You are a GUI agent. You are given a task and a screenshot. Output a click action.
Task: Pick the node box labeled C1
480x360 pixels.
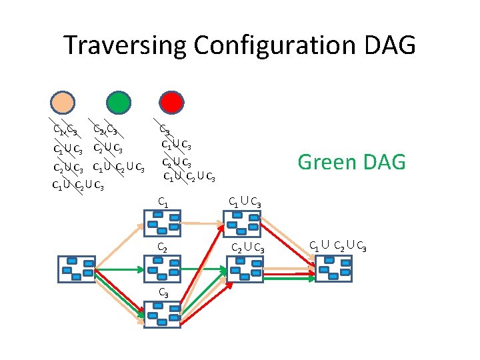162,223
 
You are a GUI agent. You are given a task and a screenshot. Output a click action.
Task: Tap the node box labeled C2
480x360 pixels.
162,269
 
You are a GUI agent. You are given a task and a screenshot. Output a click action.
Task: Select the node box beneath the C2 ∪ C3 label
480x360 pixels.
245,269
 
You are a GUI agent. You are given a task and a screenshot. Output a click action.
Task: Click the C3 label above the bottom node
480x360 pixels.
163,293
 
